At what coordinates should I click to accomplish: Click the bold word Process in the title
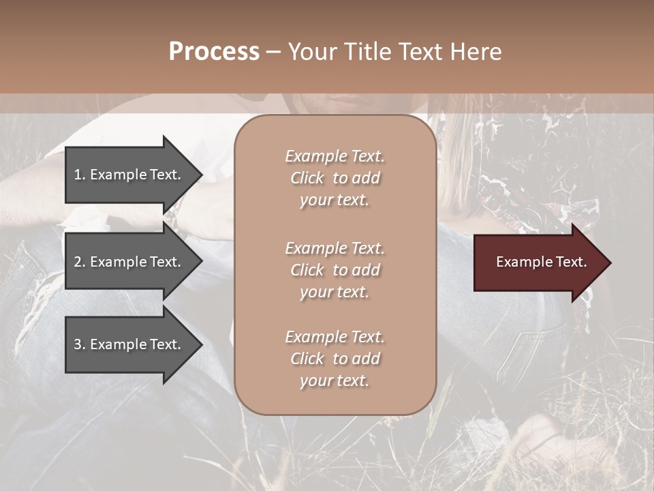214,52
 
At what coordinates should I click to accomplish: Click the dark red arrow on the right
538,263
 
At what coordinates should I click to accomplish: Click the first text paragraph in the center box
334,178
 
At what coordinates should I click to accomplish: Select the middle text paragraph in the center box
334,270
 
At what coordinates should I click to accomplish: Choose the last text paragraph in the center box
334,359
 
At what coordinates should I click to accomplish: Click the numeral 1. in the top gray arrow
79,175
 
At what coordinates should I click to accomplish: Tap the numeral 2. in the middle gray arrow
79,262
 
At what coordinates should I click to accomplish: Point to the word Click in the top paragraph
307,179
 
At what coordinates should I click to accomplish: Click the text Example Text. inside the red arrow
541,263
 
